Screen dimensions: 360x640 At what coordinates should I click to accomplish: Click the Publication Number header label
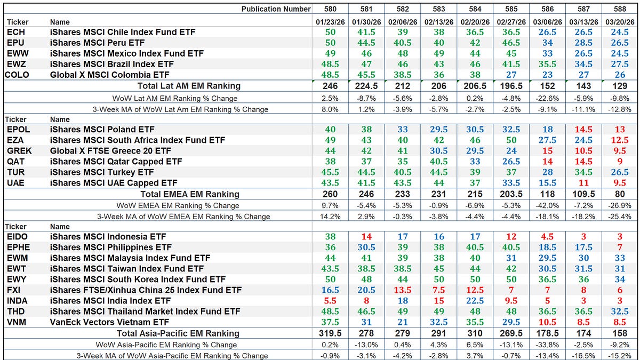coord(275,9)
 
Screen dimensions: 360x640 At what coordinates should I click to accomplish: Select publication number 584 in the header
coord(475,9)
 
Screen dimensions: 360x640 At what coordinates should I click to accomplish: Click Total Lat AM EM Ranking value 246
coord(330,86)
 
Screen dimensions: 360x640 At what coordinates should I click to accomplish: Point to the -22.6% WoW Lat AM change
coord(547,98)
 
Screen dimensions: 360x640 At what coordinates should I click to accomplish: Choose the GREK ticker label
coord(17,151)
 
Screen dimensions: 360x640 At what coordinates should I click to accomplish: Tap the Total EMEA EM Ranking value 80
coord(619,194)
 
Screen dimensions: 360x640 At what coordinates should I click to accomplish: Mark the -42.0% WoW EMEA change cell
coord(547,205)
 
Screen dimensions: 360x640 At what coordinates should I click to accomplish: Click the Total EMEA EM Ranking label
coord(189,194)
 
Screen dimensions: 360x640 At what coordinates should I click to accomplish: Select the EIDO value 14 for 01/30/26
coord(366,237)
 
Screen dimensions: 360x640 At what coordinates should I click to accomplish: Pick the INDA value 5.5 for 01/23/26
coord(330,301)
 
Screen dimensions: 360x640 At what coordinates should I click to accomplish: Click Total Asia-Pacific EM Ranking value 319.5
coord(330,333)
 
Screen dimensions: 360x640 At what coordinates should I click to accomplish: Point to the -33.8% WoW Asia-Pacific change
coord(547,345)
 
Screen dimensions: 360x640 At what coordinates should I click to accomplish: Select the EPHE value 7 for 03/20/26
coord(619,247)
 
